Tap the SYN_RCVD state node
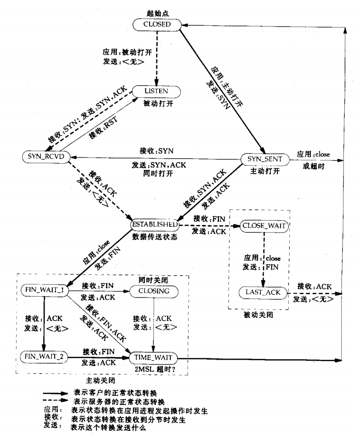click(x=43, y=156)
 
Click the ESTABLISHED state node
click(x=155, y=223)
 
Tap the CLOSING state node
click(x=153, y=290)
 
